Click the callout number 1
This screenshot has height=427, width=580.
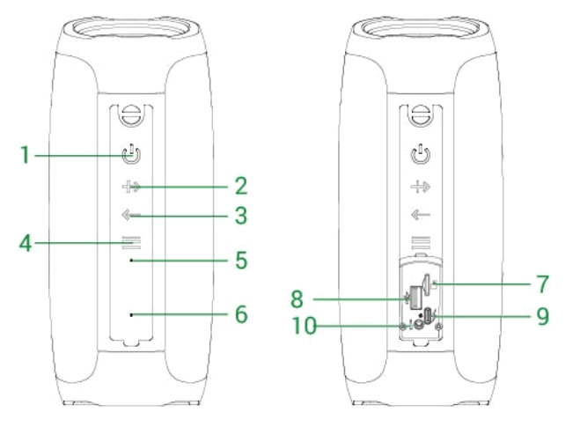point(26,156)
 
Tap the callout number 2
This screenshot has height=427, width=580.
point(240,186)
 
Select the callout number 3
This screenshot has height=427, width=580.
point(240,215)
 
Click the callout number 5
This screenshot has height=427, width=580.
point(240,261)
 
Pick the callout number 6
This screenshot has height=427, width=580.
point(240,314)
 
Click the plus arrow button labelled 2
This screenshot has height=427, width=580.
point(131,186)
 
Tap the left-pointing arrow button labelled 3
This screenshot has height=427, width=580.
point(131,215)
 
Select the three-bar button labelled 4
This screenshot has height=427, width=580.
point(131,243)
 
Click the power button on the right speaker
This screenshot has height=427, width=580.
point(421,157)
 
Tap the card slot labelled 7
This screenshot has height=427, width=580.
point(427,284)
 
